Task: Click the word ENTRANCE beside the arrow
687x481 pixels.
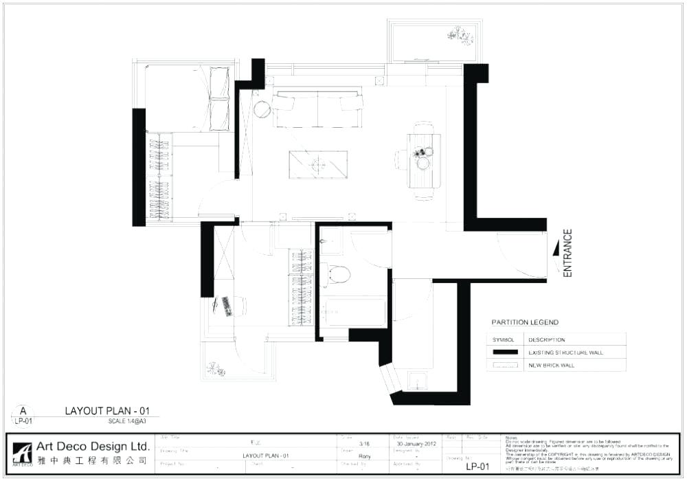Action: click(x=567, y=253)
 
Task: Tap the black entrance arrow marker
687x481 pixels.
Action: click(x=555, y=252)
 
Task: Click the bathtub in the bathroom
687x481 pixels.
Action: click(x=354, y=312)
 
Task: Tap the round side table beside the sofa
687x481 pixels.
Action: click(x=262, y=109)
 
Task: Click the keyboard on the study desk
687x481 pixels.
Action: click(x=226, y=306)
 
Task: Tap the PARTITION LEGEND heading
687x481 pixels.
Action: click(x=525, y=322)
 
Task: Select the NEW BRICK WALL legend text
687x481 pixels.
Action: click(x=551, y=366)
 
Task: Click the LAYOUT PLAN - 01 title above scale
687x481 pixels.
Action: click(x=106, y=411)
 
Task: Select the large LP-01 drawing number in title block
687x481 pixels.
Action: click(x=477, y=467)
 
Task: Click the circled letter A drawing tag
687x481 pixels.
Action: click(x=23, y=411)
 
